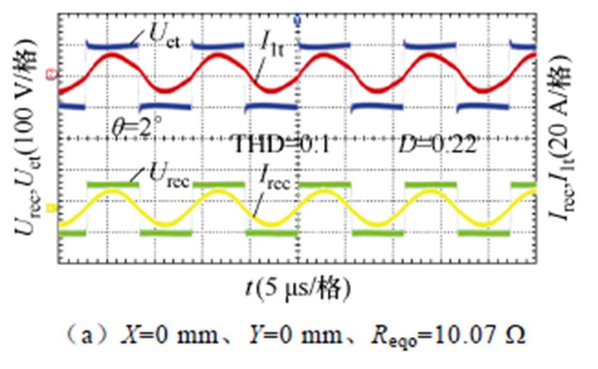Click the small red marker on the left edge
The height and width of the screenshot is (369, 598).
click(52, 76)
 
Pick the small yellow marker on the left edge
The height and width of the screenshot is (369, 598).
click(52, 207)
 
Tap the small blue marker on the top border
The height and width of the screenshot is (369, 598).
click(296, 21)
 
